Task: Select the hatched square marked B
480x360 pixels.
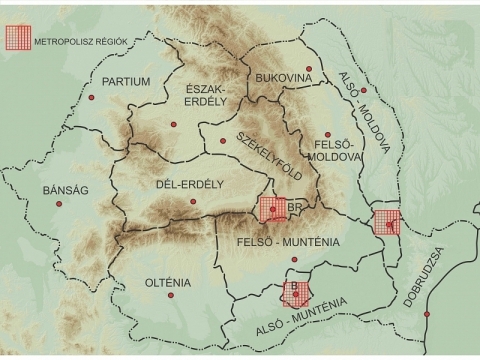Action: pos(294,292)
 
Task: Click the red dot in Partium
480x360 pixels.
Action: pos(94,98)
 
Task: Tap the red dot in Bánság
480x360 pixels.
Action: pos(58,204)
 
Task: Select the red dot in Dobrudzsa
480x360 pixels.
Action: pos(427,314)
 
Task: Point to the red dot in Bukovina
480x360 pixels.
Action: pos(309,69)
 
